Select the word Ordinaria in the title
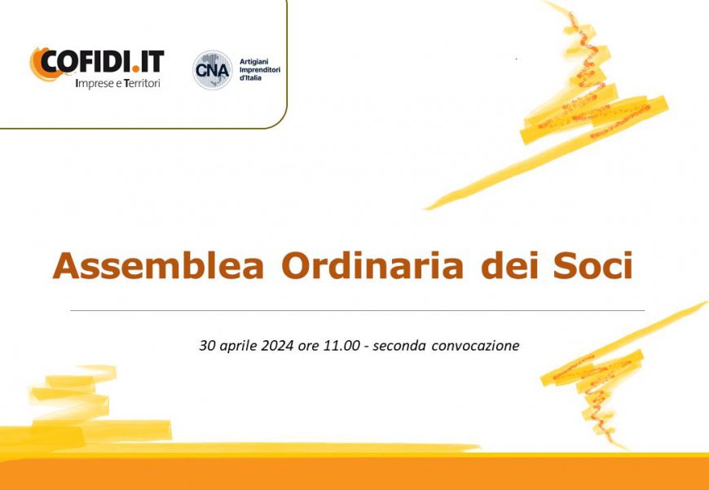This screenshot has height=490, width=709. coord(372,265)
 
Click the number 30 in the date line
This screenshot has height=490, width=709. coord(206,346)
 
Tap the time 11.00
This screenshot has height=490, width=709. coord(341,346)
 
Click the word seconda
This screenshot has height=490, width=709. coord(399,346)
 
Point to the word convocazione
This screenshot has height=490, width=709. coord(475,346)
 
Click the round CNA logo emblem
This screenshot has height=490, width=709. coord(213,70)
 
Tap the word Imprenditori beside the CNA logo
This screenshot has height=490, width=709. coord(260,70)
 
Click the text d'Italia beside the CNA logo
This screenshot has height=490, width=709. coord(250,77)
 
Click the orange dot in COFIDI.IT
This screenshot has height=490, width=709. coord(135,69)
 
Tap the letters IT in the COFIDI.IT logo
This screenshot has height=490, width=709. coord(152,61)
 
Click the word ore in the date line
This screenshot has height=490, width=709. coord(307,347)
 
